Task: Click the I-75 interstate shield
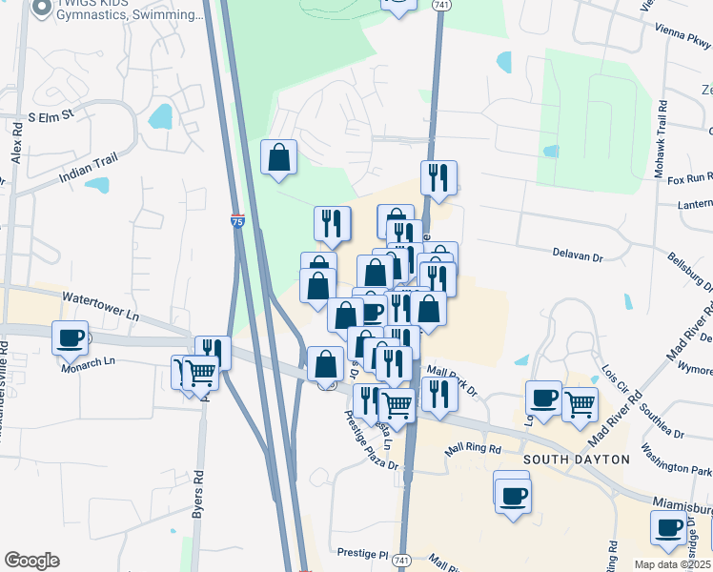click(237, 221)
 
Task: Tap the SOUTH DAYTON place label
click(577, 460)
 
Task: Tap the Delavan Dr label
click(579, 256)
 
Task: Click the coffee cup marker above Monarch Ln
click(71, 337)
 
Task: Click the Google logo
click(31, 561)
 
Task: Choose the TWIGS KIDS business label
click(132, 11)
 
